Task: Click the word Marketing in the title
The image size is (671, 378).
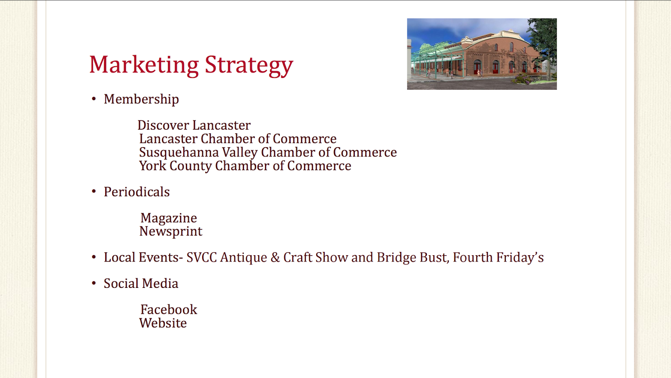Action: click(x=144, y=65)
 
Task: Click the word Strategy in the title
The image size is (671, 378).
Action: click(x=249, y=65)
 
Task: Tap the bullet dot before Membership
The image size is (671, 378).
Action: click(x=94, y=99)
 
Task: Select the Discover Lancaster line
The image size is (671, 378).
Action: click(x=194, y=125)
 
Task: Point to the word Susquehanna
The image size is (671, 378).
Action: click(x=179, y=153)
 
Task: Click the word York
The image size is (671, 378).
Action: click(x=153, y=166)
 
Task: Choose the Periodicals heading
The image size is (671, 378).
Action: click(x=137, y=192)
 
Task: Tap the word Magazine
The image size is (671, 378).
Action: click(x=169, y=218)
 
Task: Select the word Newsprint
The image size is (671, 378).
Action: click(x=171, y=232)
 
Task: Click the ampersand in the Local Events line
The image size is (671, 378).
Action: click(x=275, y=258)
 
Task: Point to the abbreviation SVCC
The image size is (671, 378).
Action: click(x=202, y=258)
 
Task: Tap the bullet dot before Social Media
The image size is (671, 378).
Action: click(x=94, y=283)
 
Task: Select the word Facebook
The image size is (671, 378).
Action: click(x=169, y=310)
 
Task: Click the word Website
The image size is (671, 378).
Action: click(x=163, y=323)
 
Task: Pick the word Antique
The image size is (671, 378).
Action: click(x=244, y=258)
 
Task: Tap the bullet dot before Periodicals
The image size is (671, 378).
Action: click(x=94, y=192)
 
